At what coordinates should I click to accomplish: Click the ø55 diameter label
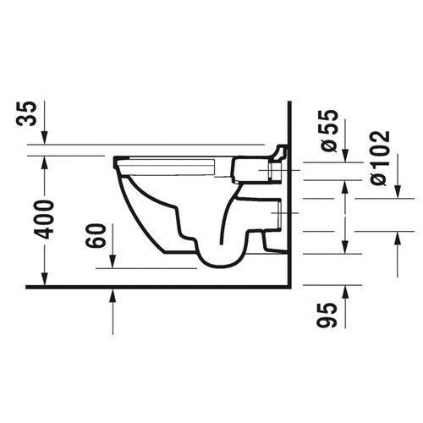tap(330, 131)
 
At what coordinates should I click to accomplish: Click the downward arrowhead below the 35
tap(45, 140)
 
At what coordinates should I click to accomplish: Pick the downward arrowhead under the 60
tap(113, 261)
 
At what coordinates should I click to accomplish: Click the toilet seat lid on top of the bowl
tap(169, 160)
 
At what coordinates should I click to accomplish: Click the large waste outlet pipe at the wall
tap(272, 216)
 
